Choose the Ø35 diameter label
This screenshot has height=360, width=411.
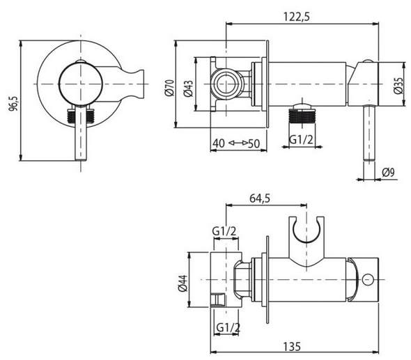(x=398, y=85)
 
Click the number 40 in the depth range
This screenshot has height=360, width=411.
(x=220, y=143)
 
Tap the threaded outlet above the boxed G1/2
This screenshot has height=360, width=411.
(x=302, y=111)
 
